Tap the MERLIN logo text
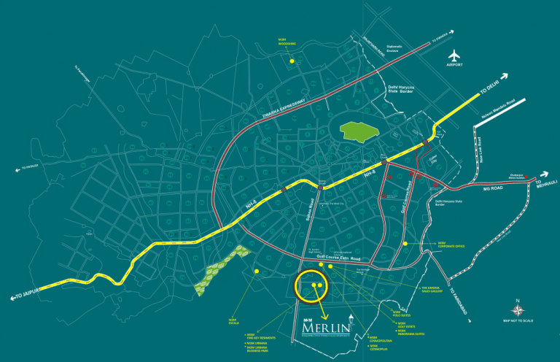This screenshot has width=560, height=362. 324,330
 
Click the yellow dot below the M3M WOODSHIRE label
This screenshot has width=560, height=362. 291,61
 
